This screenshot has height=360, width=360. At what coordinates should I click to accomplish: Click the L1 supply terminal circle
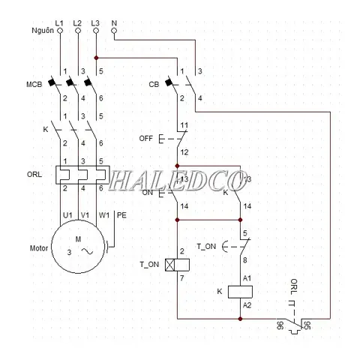coord(60,31)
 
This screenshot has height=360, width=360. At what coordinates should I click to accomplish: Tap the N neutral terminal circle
coord(114,31)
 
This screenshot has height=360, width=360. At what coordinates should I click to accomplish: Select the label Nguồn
coord(43,31)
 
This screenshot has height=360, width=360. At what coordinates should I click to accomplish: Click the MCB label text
coord(34,85)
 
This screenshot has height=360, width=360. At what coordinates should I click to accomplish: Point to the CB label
coord(154,85)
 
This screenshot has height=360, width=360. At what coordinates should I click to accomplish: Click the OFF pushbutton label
coord(145,138)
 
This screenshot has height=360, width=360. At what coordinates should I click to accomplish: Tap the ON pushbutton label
coord(148,193)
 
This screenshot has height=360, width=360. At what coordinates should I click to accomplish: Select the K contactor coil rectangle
coord(240,292)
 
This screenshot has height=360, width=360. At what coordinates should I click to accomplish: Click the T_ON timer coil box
coord(177,265)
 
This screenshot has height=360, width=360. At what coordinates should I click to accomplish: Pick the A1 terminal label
coord(247,278)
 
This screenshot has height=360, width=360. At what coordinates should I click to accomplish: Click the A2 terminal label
coord(247,305)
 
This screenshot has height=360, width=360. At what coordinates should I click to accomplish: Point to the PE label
coord(121,215)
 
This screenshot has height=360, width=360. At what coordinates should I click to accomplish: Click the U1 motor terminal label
coord(67,215)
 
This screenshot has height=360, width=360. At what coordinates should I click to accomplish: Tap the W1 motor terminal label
coord(103,215)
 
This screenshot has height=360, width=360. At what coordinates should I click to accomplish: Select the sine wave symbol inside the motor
coord(88,251)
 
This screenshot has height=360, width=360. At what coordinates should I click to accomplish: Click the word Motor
coord(39,248)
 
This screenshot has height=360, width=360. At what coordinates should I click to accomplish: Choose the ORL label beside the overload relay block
coord(34,174)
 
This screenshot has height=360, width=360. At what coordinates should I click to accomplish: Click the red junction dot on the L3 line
coord(96,58)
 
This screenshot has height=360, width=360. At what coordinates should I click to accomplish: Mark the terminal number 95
coord(307,325)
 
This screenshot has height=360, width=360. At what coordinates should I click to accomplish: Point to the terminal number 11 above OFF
coord(184,125)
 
